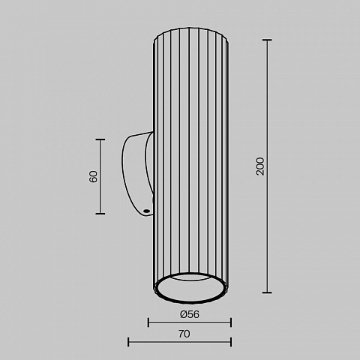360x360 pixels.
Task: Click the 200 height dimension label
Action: tap(260, 166)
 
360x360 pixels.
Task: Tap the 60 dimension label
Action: tap(93, 176)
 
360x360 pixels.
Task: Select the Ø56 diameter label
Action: tap(190, 314)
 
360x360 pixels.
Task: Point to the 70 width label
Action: tap(184, 334)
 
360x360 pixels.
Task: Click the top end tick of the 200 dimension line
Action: tap(267, 40)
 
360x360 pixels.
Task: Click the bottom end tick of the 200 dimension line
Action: tap(267, 292)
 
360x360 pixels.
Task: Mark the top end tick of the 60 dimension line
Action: tap(100, 139)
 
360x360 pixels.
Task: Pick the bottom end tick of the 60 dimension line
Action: tap(100, 214)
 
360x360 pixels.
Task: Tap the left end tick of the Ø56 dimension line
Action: tap(148, 322)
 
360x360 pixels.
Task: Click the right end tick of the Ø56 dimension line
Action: tap(231, 322)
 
